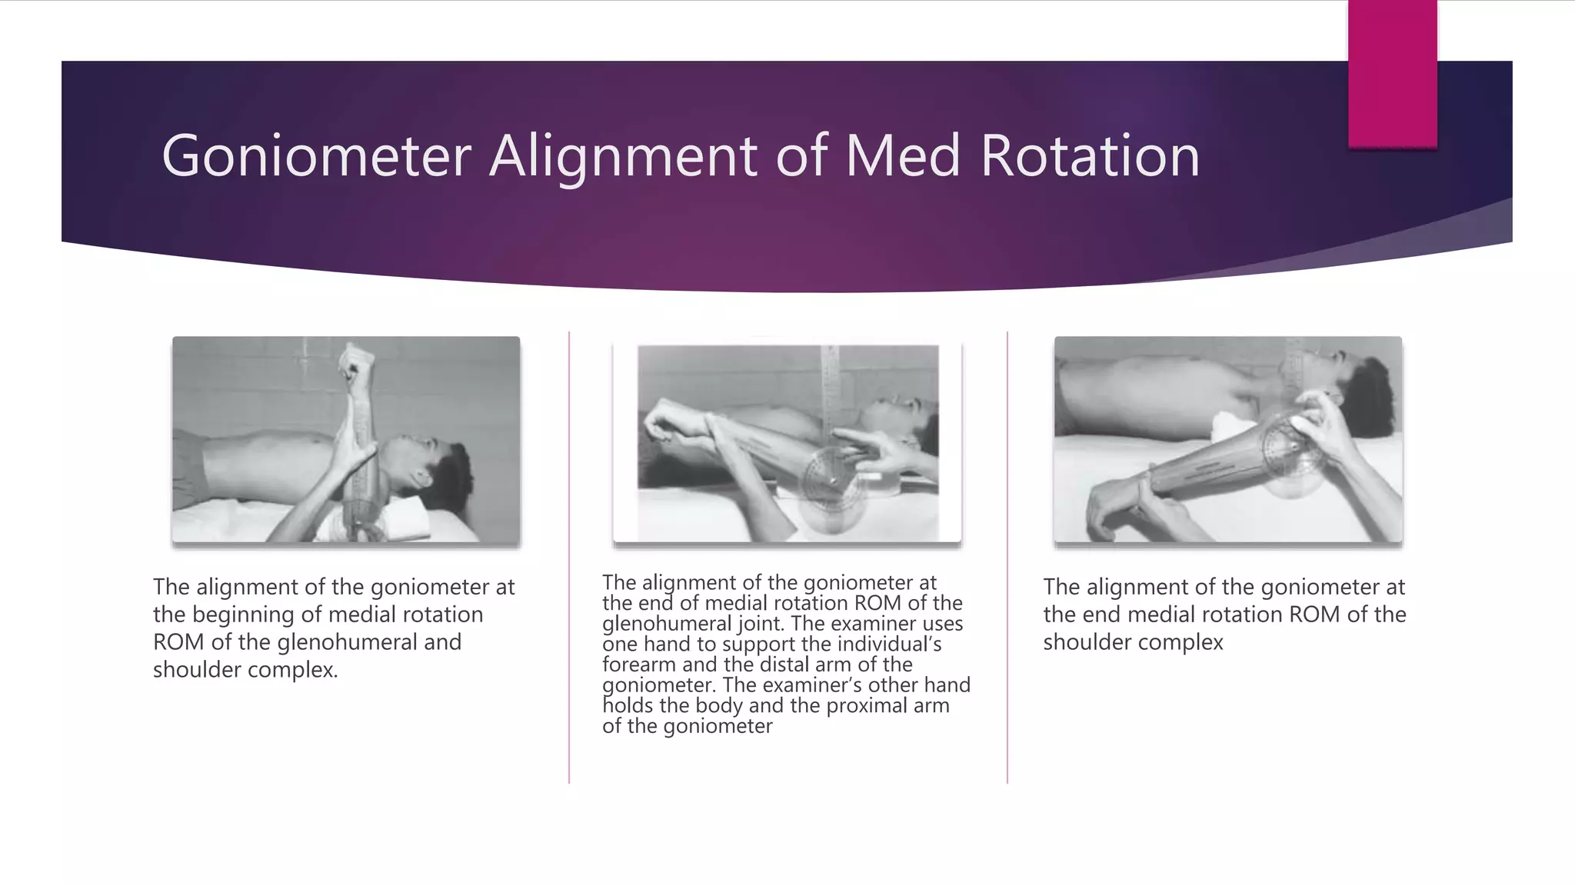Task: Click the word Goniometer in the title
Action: pos(315,156)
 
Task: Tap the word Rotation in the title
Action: pos(1090,156)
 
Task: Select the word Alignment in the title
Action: pos(624,156)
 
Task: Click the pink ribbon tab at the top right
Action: pos(1392,73)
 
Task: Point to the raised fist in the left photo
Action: pos(357,362)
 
